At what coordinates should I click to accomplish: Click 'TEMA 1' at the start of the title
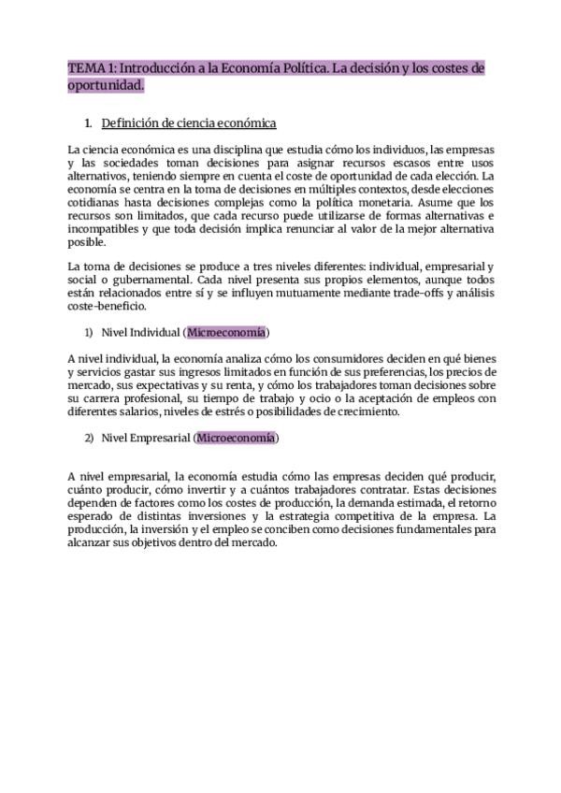point(86,69)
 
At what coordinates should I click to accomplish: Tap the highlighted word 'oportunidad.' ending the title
point(108,85)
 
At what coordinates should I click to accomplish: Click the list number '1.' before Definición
point(88,123)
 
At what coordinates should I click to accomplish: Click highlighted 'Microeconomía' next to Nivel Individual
point(226,332)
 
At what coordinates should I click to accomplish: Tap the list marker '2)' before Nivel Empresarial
point(90,438)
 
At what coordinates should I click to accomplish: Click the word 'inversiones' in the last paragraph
point(208,516)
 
